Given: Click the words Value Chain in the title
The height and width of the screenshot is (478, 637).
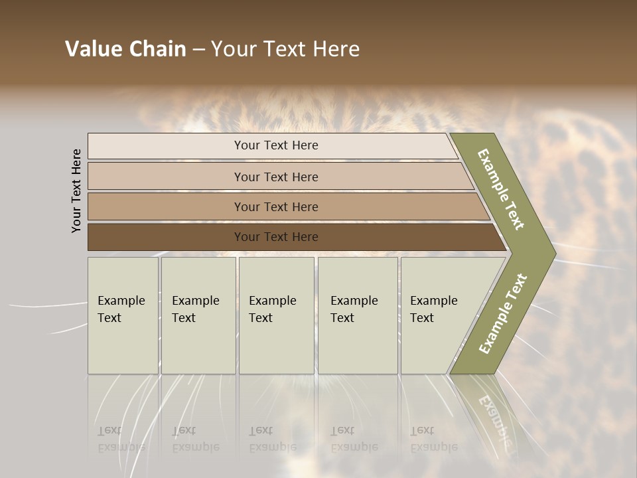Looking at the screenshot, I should (x=125, y=49).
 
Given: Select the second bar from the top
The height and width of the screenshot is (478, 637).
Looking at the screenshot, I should (x=275, y=177).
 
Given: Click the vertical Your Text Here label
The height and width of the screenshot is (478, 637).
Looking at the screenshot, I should (x=76, y=191).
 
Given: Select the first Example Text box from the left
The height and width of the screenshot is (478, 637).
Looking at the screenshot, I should (x=123, y=315).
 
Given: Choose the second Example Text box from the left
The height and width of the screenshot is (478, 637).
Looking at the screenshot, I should (x=198, y=315).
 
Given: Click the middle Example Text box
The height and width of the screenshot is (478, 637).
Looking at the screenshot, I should (x=276, y=315).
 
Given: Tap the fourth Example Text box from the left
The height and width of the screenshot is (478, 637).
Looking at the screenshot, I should (x=357, y=315).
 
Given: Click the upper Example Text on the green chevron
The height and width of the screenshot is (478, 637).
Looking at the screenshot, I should (x=501, y=189).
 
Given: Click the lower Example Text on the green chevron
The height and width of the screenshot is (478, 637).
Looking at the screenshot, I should (x=502, y=314).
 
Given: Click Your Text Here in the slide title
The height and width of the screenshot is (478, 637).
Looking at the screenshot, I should (x=285, y=49).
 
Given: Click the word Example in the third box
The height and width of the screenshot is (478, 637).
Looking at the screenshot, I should (x=272, y=301).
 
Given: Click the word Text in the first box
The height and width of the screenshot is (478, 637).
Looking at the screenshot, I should (x=109, y=318).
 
